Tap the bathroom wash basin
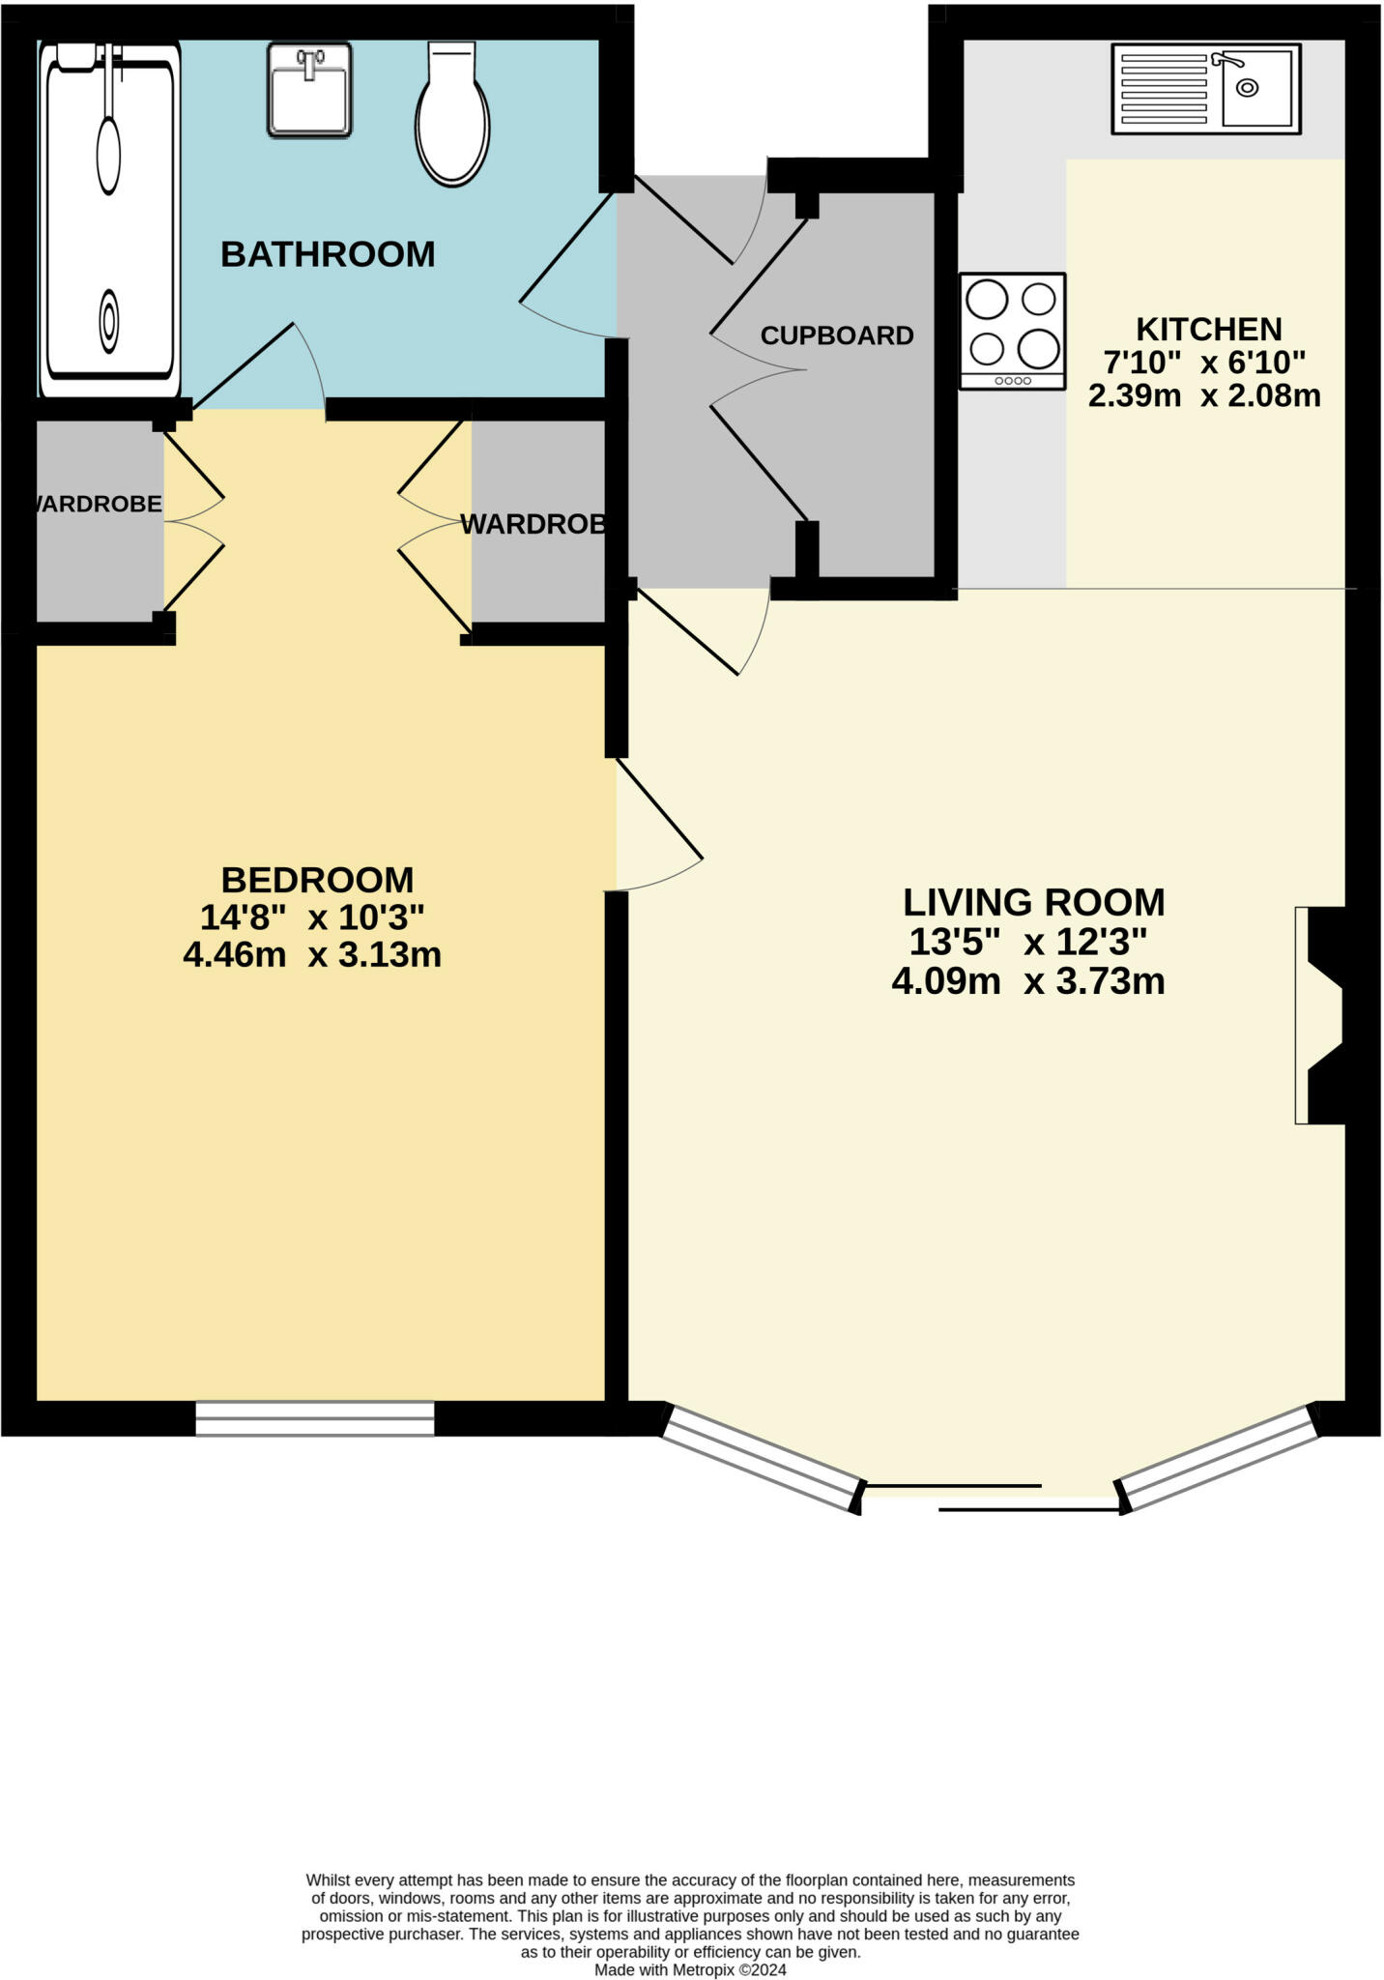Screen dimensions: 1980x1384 (309, 90)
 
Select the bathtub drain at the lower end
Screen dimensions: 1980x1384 (109, 320)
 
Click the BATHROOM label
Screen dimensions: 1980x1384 (328, 254)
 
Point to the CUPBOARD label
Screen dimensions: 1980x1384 (837, 335)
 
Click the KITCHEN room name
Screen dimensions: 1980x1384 (1208, 330)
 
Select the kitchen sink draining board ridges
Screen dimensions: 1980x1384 (1165, 89)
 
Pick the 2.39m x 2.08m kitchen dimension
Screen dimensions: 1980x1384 (1204, 395)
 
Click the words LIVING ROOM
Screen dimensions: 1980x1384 (1033, 902)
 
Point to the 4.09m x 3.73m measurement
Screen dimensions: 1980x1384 (1027, 981)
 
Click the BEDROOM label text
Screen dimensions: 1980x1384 (317, 880)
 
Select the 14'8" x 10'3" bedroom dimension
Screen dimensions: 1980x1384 (312, 917)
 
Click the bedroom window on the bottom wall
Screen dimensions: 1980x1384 (315, 1417)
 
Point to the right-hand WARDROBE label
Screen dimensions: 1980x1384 (534, 524)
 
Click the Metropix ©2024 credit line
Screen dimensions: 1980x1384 (690, 1969)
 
